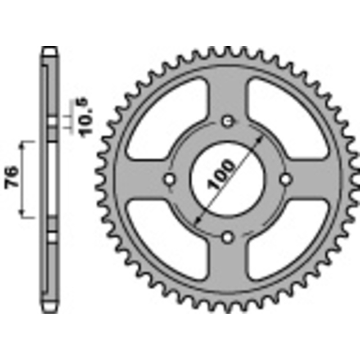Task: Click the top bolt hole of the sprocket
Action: click(x=228, y=121)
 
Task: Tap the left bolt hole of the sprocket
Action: click(x=170, y=179)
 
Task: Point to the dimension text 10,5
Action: click(x=85, y=118)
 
